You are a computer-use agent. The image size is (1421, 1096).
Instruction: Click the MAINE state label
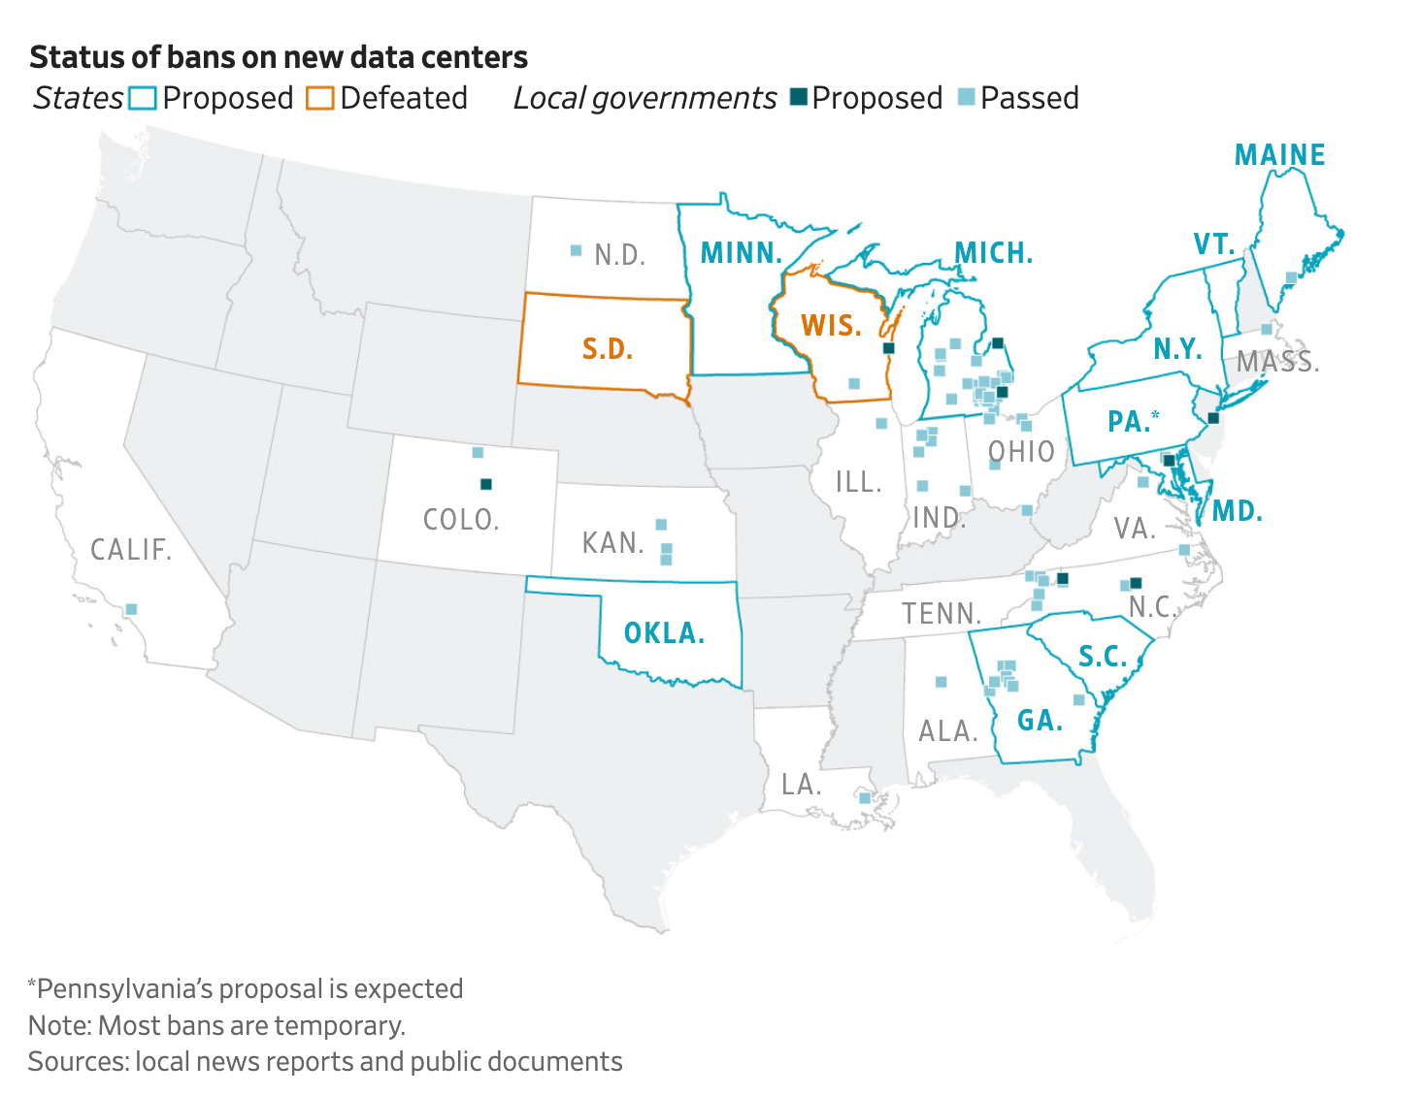[1279, 155]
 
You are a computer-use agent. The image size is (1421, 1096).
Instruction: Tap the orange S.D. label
[608, 349]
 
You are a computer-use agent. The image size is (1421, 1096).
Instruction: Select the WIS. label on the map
[831, 325]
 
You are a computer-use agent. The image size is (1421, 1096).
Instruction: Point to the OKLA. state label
[664, 633]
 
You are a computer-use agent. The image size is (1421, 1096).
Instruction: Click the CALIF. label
[131, 550]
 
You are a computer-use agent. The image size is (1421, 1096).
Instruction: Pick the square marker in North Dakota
[576, 250]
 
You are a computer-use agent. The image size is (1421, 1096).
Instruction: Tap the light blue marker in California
[132, 609]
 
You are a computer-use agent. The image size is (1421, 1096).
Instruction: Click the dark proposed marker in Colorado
[486, 484]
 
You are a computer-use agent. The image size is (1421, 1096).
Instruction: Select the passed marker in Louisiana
[864, 798]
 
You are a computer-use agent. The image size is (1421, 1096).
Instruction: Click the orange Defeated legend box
[320, 98]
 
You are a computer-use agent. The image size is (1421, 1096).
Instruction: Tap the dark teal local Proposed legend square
[798, 97]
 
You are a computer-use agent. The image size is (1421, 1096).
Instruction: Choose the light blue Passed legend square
[966, 97]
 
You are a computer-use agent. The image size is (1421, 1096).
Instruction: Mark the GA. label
[1040, 721]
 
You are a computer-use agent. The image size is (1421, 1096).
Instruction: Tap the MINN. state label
[742, 253]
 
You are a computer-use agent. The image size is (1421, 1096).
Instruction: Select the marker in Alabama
[941, 682]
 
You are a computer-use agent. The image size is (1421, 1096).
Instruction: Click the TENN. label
[942, 613]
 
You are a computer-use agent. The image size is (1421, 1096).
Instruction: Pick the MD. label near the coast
[1238, 511]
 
